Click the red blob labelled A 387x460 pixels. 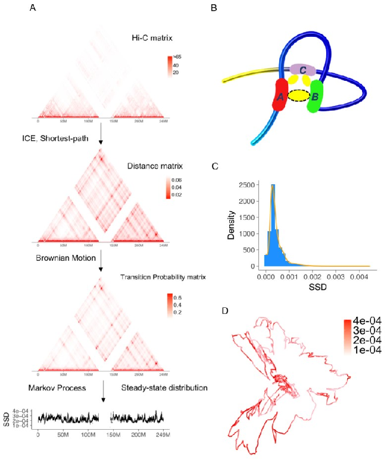pos(280,95)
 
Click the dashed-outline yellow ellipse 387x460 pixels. pos(298,95)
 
